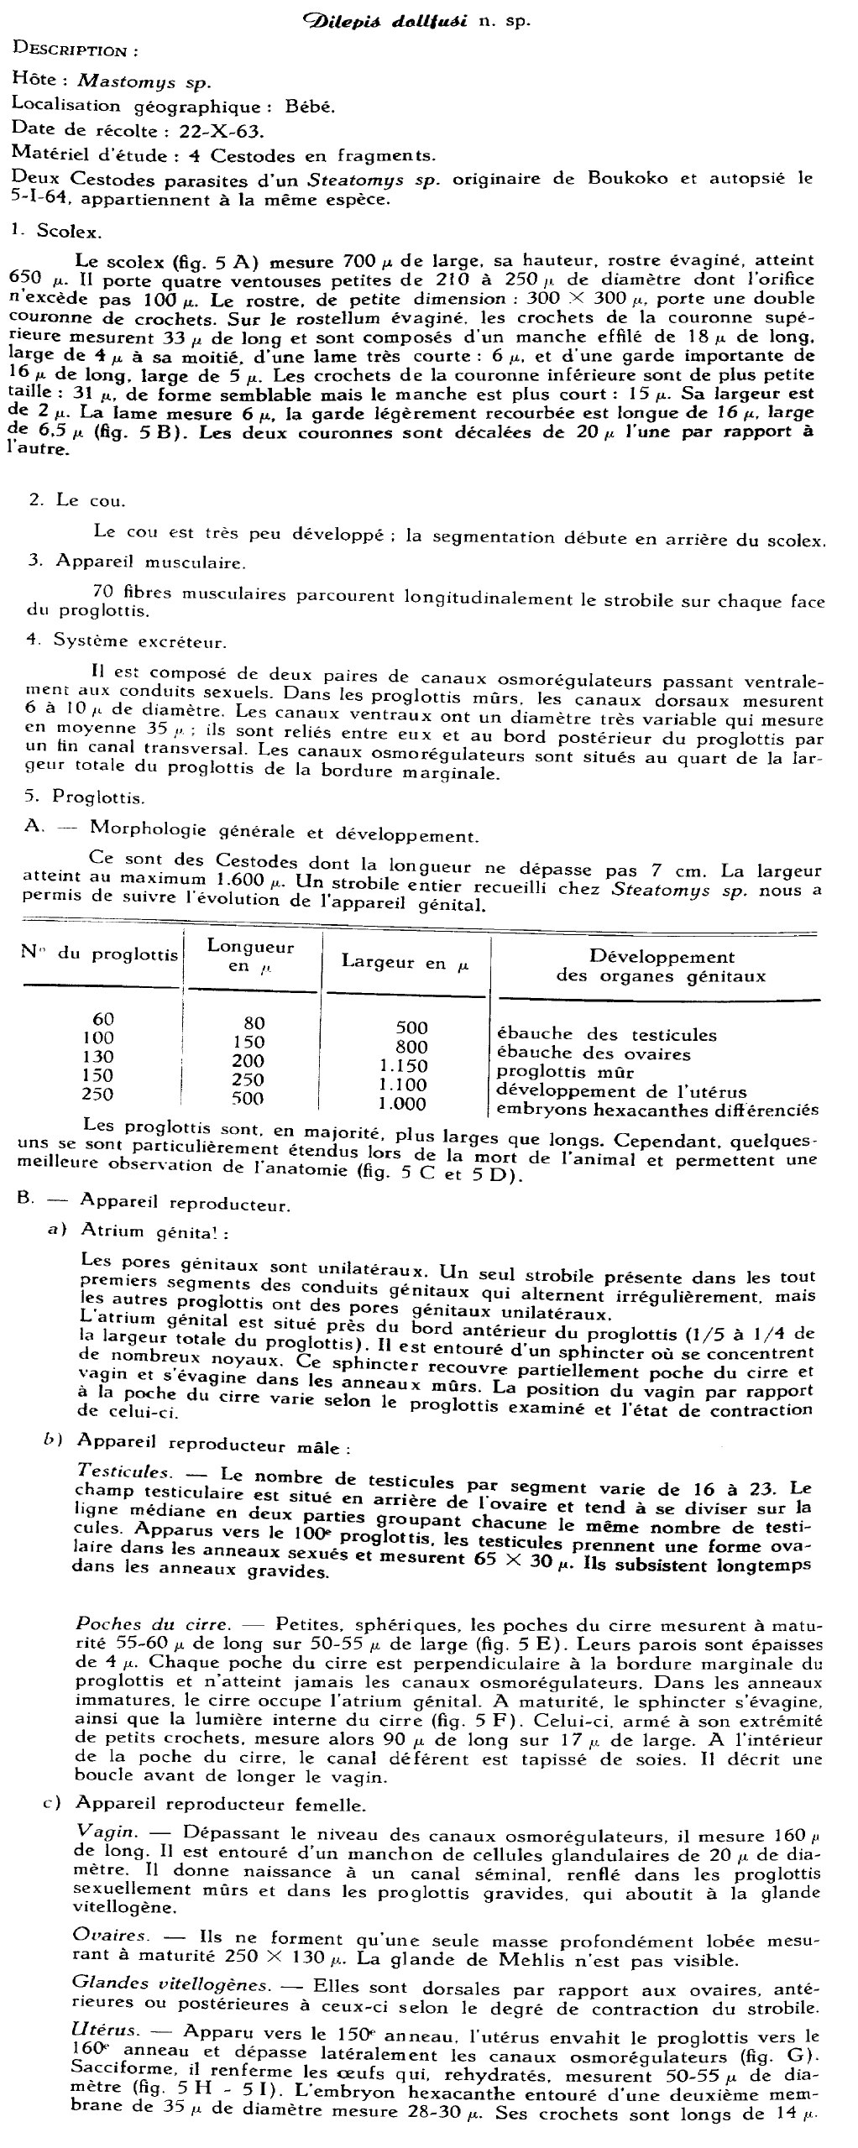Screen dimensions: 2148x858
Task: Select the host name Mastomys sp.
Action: coord(144,81)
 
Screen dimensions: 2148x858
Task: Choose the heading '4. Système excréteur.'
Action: coord(126,641)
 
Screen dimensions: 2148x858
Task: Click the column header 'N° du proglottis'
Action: coord(99,954)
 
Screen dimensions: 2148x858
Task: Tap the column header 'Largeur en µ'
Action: coord(404,963)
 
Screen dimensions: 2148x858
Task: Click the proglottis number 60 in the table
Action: coord(103,1019)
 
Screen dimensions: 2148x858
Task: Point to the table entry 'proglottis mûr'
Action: coord(565,1072)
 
